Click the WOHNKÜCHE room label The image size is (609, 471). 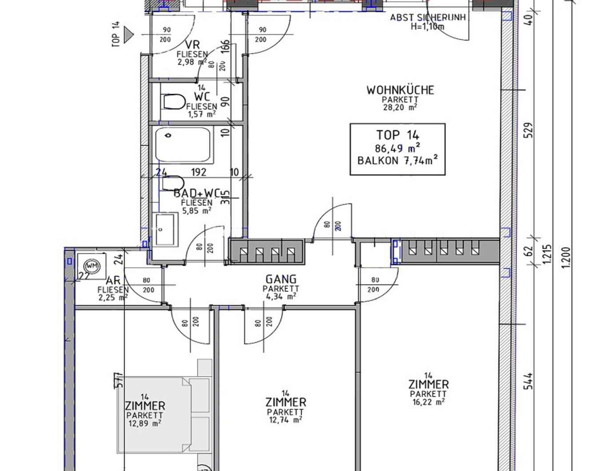click(400, 90)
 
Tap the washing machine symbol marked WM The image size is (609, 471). click(92, 266)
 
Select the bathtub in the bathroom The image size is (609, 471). click(184, 145)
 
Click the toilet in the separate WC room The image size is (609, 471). click(174, 102)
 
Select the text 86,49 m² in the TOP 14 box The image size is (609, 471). click(397, 148)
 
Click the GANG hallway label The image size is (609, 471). click(281, 279)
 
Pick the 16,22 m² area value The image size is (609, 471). click(428, 402)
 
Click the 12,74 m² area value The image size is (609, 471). click(285, 420)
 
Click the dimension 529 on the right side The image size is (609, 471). click(528, 130)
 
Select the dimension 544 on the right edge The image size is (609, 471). click(528, 381)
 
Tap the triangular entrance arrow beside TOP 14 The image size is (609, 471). click(129, 35)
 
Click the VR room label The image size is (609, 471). click(192, 45)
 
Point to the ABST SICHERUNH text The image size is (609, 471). click(428, 18)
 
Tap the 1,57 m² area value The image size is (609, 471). click(201, 114)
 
